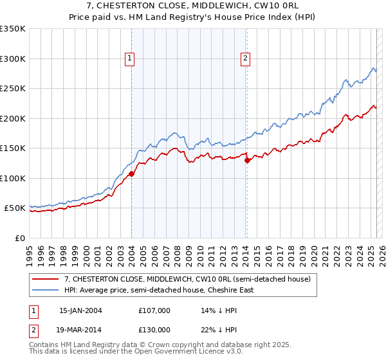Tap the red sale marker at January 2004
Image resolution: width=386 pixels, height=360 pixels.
coord(131,174)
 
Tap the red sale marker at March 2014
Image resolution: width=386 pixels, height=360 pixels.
coord(247,161)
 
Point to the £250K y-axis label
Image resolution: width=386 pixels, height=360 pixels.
coord(13,89)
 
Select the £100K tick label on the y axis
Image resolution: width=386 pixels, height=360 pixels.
coord(13,178)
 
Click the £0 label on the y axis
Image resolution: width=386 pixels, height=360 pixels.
coord(19,238)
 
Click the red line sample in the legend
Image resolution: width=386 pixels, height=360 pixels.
coord(46,280)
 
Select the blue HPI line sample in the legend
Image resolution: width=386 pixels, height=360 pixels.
coord(46,290)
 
